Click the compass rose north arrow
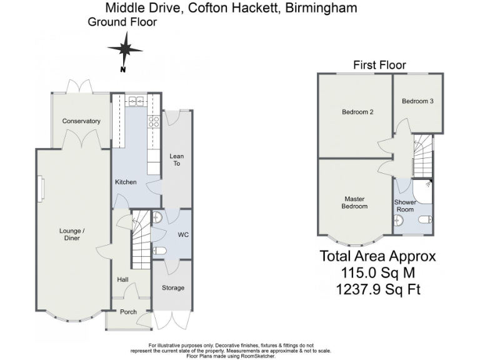tap(125, 50)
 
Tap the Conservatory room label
tap(81, 121)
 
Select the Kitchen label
tap(126, 182)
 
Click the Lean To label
tap(177, 160)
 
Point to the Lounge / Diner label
tap(72, 234)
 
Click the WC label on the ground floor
tap(183, 235)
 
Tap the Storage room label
tap(173, 288)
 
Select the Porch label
tap(128, 312)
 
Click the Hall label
tap(123, 281)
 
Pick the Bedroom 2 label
tap(357, 112)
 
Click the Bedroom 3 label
tap(417, 101)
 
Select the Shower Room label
tap(405, 206)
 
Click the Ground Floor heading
tap(122, 22)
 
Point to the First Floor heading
tap(379, 65)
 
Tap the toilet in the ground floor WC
tap(159, 251)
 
